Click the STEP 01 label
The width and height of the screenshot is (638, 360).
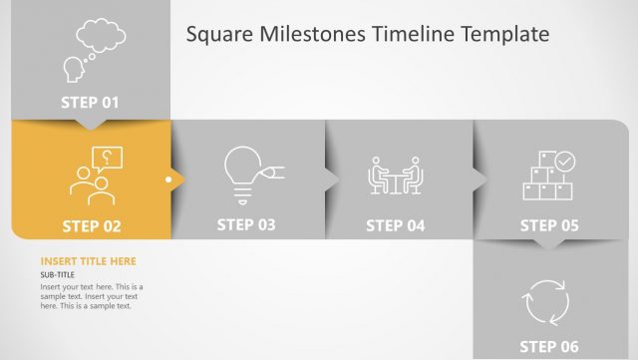(90, 102)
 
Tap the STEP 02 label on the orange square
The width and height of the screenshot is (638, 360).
(91, 226)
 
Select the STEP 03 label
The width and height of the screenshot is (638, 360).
(245, 224)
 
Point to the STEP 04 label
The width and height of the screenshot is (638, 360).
(396, 225)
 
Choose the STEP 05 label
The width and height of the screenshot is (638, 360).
(549, 225)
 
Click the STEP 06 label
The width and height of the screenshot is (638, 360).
(549, 347)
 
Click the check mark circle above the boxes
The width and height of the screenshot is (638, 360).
(565, 160)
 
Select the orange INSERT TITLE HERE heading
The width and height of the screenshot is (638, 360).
(89, 261)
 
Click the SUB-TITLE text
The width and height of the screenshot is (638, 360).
(60, 274)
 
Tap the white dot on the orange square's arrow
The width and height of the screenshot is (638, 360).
(169, 180)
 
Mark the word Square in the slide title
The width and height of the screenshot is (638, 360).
(217, 35)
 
